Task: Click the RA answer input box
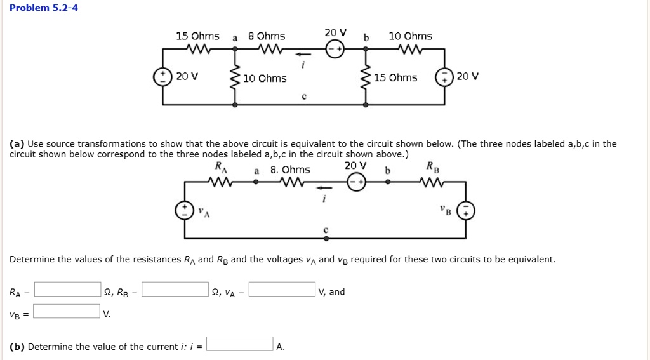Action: point(67,290)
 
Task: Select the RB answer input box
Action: point(175,290)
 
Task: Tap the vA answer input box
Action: point(282,290)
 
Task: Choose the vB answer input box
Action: point(67,312)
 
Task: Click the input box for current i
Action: point(240,344)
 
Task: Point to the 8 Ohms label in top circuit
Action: point(267,36)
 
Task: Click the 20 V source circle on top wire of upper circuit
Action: point(334,52)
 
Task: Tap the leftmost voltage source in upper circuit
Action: point(162,77)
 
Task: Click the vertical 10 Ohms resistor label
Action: point(265,79)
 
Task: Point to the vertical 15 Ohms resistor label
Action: point(395,78)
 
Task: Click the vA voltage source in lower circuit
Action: point(185,211)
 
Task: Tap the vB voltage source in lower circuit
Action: point(466,211)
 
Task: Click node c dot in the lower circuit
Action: point(326,239)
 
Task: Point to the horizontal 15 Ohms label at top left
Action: point(197,36)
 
